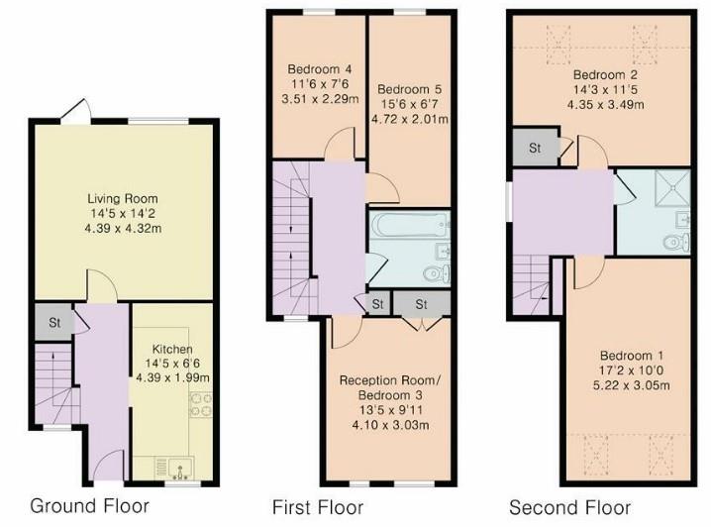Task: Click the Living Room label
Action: point(121,197)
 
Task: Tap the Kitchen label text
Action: point(171,348)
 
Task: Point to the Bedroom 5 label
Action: point(409,86)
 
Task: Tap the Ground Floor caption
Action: point(89,506)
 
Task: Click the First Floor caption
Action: point(318,507)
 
